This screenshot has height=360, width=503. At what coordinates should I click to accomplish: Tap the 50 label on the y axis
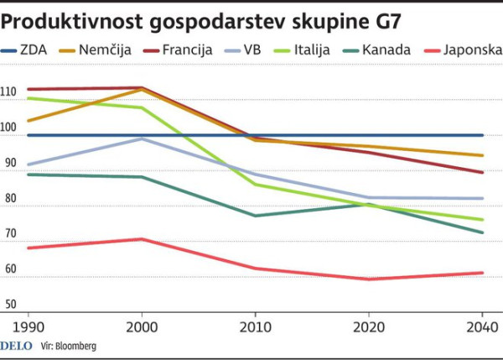[x=10, y=304]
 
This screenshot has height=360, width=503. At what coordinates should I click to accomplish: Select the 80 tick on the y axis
[x=10, y=198]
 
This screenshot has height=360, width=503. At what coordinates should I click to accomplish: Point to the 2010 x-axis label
[x=255, y=326]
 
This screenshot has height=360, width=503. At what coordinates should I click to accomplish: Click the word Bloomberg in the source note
[x=76, y=346]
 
